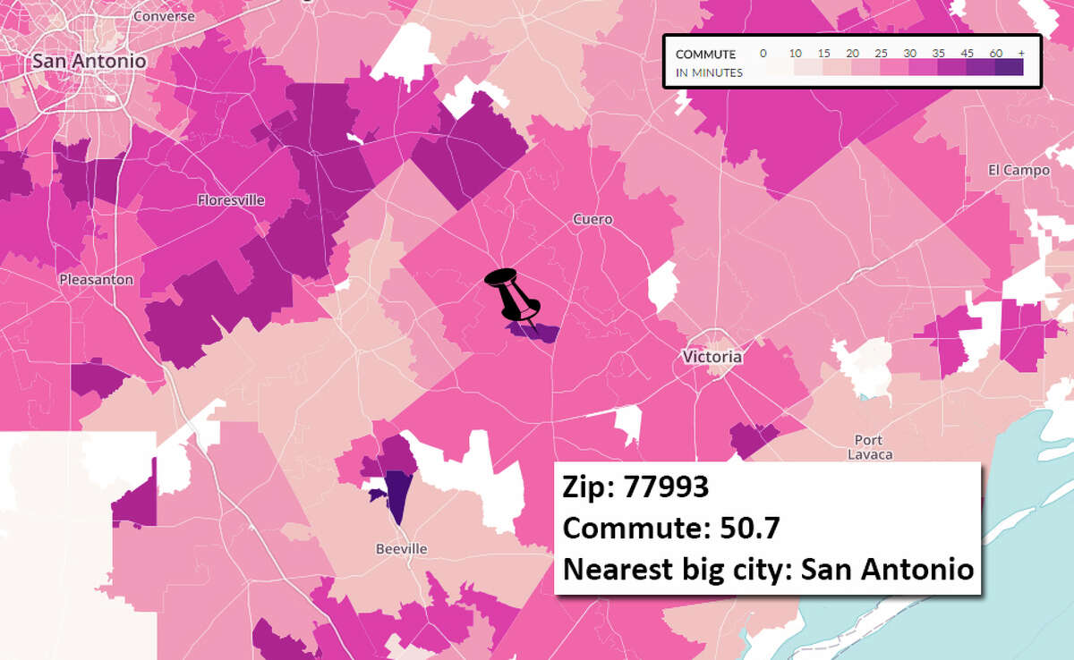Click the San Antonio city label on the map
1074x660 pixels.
click(88, 61)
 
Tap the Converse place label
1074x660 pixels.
click(163, 16)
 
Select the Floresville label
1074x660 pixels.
click(231, 200)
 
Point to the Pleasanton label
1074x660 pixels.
click(96, 279)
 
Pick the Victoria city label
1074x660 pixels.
click(712, 357)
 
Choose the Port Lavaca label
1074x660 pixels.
click(868, 447)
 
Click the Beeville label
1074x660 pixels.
click(402, 548)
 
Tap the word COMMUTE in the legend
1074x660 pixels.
click(705, 55)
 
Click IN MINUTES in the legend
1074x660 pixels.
click(709, 72)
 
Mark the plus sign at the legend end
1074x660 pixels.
click(1020, 54)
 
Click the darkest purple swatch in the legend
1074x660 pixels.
click(1009, 68)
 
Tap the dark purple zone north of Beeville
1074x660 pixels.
click(396, 498)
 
